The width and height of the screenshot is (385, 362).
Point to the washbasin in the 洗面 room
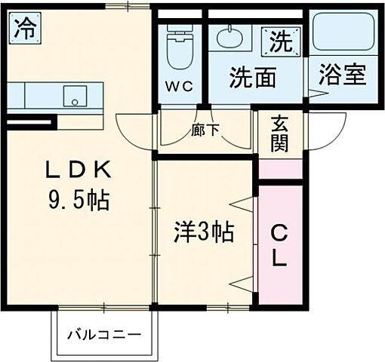tap(226, 37)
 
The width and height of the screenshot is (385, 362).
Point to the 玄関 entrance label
tap(280, 133)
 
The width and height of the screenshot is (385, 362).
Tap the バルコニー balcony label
tap(107, 333)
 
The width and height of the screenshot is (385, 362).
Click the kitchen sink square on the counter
tap(73, 96)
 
